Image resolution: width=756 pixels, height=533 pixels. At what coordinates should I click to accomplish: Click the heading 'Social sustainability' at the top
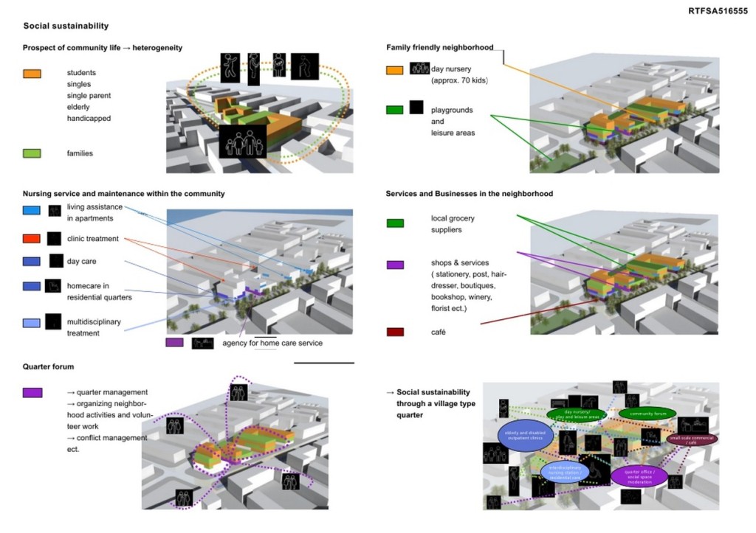coord(66,26)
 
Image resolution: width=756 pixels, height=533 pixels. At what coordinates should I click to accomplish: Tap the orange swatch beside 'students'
coord(32,74)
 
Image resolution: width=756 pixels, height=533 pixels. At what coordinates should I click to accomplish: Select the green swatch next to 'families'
coord(32,153)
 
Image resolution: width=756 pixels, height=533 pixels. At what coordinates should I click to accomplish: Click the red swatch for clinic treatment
coord(31,239)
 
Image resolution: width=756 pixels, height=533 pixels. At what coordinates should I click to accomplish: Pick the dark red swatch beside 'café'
coord(395,332)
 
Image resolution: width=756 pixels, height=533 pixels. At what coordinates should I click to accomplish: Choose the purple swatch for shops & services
coord(395,265)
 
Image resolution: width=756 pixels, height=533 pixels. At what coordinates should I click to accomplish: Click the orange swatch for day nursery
coord(395,70)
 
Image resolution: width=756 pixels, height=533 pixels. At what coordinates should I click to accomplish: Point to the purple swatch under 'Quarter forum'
coord(32,393)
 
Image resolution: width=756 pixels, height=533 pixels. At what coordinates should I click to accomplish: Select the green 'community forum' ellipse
coord(647,414)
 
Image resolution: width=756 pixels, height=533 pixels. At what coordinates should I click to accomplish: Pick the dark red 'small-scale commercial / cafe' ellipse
coord(691,439)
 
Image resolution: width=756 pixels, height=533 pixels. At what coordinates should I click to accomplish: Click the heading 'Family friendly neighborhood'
coord(439,48)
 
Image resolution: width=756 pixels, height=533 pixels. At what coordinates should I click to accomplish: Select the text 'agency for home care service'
coord(272,343)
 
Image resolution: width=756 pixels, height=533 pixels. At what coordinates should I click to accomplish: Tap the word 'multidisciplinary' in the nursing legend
coord(94,322)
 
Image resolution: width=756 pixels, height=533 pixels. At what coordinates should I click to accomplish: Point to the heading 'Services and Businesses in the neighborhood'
coord(469,194)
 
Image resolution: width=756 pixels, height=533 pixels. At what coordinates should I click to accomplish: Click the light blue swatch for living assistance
coord(31,210)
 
